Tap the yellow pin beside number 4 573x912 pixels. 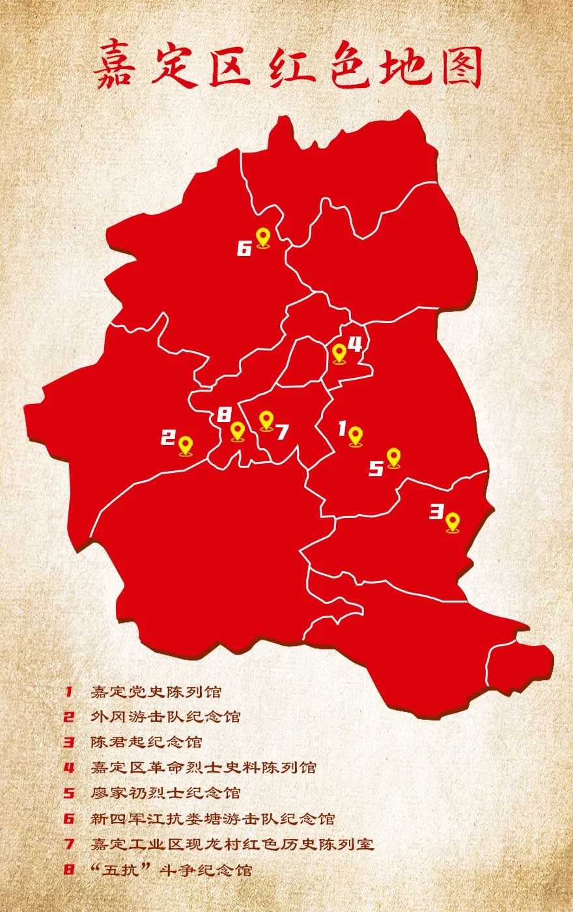(x=339, y=353)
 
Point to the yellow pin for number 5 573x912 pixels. (x=393, y=457)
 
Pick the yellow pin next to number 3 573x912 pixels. (x=453, y=522)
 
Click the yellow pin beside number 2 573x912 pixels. (x=186, y=446)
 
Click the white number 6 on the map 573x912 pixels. (x=244, y=249)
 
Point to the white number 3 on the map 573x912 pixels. (x=436, y=512)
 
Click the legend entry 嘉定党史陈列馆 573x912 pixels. (x=156, y=691)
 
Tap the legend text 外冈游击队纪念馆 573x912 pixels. (x=165, y=717)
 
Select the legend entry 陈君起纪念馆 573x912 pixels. (x=147, y=742)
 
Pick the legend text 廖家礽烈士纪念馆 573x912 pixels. (x=165, y=793)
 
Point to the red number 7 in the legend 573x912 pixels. (x=69, y=844)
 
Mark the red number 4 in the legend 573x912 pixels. (x=69, y=767)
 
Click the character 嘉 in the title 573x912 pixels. (x=115, y=67)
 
